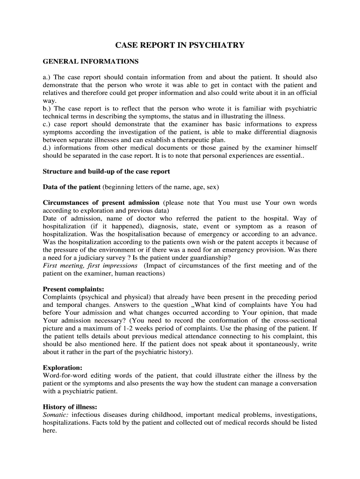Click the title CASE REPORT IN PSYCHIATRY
coord(180,45)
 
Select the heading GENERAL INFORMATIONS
coord(91,61)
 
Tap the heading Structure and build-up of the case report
coord(106,171)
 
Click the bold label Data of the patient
coord(72,187)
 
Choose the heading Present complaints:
coord(73,289)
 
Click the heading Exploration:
coord(63,368)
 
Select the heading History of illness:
coord(70,407)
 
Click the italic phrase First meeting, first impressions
coord(90,266)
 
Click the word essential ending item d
coord(288,156)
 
